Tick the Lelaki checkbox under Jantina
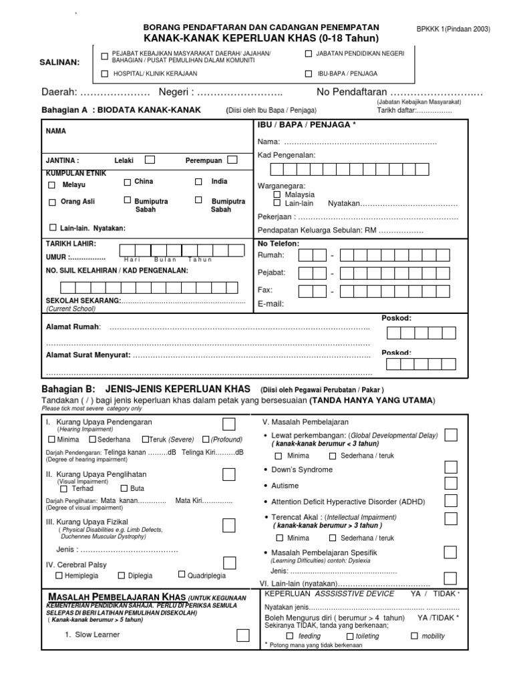click(x=150, y=160)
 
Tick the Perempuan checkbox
click(x=232, y=160)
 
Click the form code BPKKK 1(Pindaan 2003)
click(x=453, y=29)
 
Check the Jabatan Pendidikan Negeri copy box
click(x=309, y=53)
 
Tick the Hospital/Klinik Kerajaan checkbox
click(x=104, y=73)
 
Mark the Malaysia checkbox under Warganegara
click(x=277, y=194)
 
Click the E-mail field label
click(x=271, y=303)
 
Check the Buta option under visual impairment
click(x=123, y=488)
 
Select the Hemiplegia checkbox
click(x=59, y=575)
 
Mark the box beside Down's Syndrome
click(x=451, y=468)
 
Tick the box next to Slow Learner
click(x=243, y=636)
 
